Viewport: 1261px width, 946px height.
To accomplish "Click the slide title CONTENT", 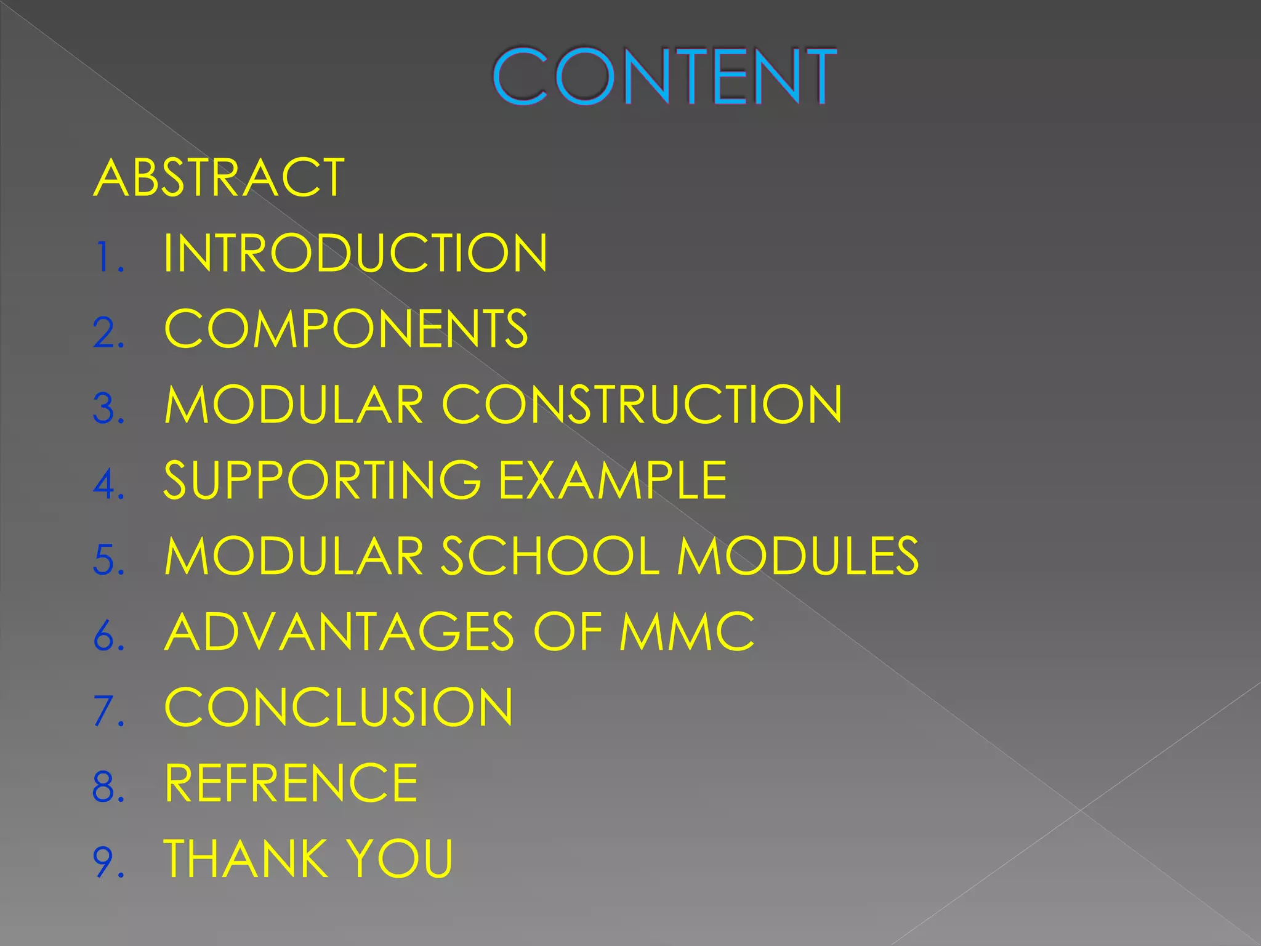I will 664,76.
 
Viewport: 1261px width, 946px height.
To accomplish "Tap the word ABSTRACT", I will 219,177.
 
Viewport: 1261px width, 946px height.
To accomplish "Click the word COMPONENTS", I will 346,329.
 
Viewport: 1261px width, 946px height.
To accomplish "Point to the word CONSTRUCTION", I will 642,405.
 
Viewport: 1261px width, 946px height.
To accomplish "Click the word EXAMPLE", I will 613,480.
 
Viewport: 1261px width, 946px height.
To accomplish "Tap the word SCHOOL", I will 550,556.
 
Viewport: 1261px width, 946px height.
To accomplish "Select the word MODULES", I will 798,556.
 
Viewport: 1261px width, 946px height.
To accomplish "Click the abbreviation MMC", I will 687,632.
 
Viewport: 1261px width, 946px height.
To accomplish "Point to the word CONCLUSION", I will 339,708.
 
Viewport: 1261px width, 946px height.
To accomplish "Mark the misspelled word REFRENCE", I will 291,783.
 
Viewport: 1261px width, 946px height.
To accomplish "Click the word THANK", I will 245,859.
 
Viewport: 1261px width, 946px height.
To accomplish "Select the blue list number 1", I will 105,257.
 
